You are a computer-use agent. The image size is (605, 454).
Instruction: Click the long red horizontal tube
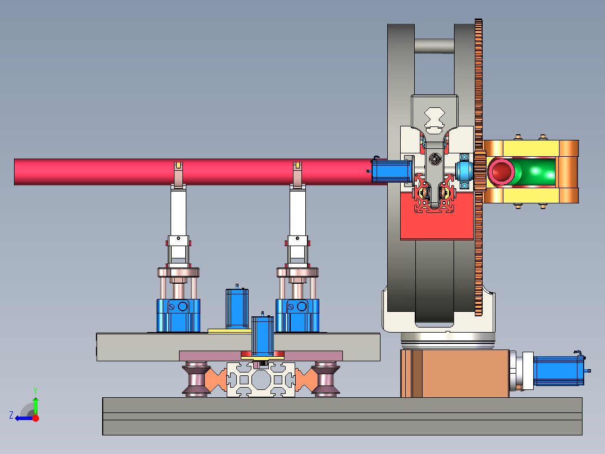(193, 171)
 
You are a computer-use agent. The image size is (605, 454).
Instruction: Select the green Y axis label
(35, 391)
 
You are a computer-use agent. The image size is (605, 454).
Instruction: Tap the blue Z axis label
(11, 415)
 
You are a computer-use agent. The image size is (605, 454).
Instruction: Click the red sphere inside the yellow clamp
(501, 171)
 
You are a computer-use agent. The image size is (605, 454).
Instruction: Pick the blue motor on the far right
(559, 370)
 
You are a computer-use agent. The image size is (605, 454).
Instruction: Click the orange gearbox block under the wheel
(455, 373)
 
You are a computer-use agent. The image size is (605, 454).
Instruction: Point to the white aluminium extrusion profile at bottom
(261, 379)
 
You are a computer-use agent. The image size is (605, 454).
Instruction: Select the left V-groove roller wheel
(196, 379)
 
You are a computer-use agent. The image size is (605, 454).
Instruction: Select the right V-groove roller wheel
(326, 379)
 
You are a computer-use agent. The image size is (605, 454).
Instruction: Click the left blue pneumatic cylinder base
(178, 315)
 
